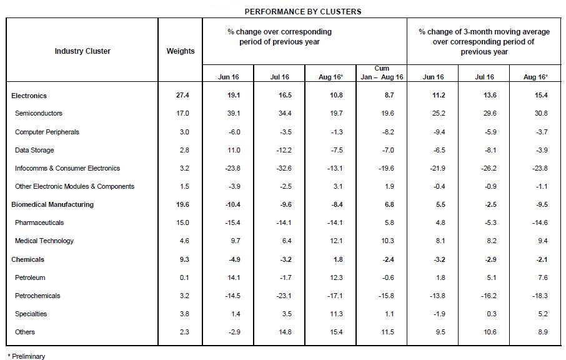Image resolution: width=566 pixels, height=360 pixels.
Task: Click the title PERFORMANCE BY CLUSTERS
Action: (303, 11)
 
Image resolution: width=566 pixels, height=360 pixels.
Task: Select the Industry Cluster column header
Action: (82, 51)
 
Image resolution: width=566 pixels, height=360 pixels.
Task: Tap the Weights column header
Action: (180, 51)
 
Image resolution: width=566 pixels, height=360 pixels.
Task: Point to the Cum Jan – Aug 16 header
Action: (382, 72)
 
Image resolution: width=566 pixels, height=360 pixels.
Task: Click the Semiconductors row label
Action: (38, 113)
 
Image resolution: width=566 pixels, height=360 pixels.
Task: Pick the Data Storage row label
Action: (34, 150)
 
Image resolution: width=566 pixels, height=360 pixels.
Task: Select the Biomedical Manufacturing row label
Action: (52, 204)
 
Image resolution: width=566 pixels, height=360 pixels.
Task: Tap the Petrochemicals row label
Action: (37, 296)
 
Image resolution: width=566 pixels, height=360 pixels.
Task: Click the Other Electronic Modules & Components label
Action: (74, 186)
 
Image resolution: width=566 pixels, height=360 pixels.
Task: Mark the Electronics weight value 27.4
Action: (182, 96)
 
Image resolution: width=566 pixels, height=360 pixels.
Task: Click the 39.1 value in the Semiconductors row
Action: (234, 113)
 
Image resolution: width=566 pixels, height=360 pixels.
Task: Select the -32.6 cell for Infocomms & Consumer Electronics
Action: (284, 168)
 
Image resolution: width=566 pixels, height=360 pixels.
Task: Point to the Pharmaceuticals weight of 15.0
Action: (182, 222)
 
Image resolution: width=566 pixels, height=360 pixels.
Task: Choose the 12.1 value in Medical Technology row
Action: (336, 241)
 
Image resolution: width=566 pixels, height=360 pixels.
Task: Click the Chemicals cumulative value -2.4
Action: (387, 259)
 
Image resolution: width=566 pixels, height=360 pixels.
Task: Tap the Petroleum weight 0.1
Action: (184, 277)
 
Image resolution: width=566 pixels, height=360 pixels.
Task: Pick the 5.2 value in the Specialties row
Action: (543, 314)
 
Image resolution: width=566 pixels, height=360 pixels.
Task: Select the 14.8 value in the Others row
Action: (285, 332)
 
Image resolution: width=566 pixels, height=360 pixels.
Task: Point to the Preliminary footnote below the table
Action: (26, 356)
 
